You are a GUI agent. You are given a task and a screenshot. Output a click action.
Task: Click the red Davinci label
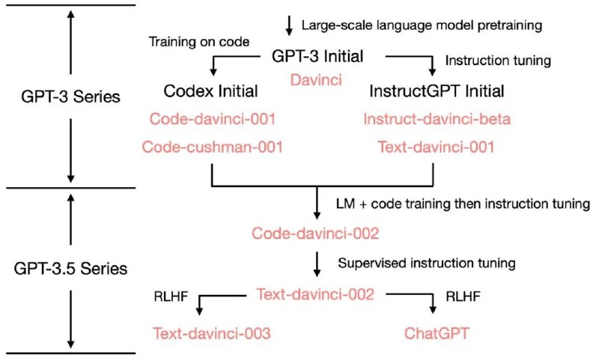316,80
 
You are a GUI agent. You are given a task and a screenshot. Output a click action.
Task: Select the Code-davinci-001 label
213,119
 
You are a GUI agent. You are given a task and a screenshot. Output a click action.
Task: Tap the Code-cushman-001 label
213,147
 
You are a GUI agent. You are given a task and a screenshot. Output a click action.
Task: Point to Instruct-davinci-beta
437,119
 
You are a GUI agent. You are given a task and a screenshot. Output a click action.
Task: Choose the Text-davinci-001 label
436,147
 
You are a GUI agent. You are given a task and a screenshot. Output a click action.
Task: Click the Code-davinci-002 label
315,234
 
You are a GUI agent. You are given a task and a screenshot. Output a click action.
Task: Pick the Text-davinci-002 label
315,294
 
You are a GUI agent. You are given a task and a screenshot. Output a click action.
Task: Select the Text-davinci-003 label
212,333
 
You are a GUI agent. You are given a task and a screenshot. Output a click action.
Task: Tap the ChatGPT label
437,333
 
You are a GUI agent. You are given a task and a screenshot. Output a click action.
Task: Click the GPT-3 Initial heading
317,56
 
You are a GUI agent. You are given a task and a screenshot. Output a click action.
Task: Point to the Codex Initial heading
211,91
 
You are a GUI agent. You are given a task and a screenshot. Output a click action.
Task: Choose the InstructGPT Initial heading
437,91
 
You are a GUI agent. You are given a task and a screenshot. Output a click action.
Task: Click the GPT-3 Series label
70,97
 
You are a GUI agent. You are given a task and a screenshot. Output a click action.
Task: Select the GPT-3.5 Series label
70,269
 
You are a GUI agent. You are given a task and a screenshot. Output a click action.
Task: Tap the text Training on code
199,42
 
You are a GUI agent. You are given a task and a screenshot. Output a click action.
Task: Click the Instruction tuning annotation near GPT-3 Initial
498,61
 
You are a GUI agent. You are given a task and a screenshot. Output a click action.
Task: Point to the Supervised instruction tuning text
427,263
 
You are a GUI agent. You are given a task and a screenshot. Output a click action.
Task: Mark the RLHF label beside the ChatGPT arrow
463,296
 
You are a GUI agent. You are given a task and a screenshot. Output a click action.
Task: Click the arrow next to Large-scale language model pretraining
289,25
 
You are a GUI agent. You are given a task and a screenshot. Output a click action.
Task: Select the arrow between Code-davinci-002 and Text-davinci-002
317,263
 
